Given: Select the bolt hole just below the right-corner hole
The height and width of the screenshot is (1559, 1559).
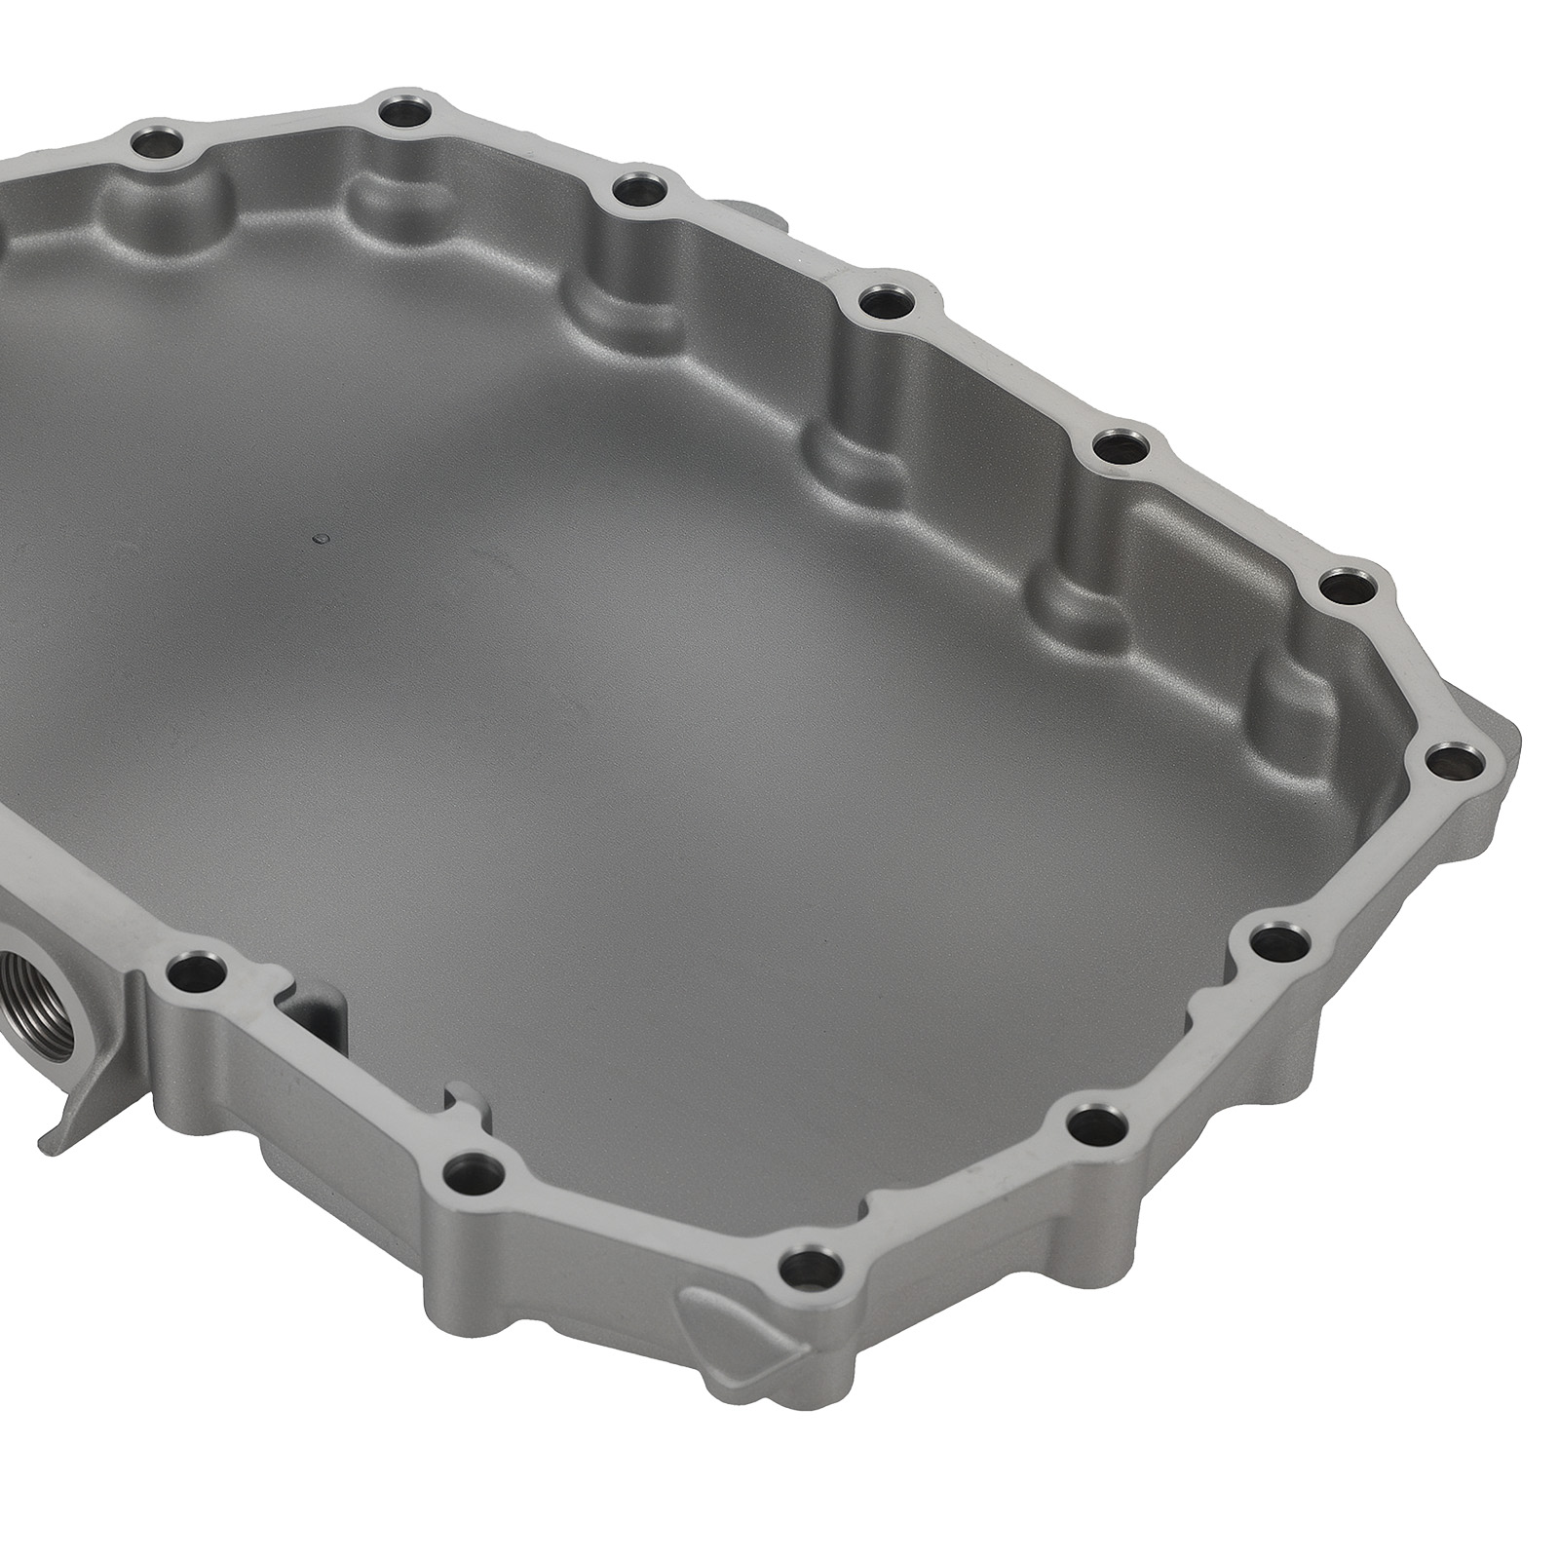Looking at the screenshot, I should (x=1277, y=940).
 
